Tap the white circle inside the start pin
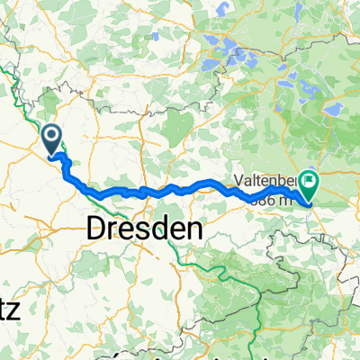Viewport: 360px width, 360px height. coord(52,136)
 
